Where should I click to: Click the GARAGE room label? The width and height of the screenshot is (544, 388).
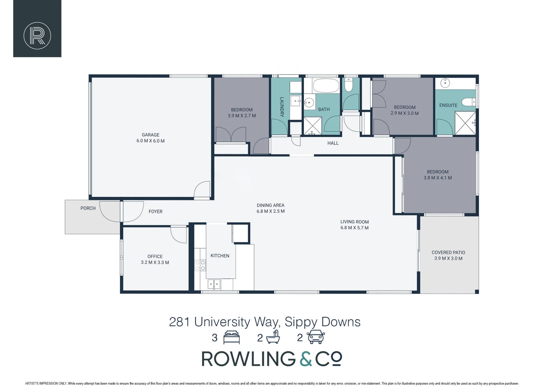click(x=150, y=135)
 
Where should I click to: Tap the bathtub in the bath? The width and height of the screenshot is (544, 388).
click(x=326, y=86)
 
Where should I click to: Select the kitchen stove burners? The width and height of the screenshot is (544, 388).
click(x=200, y=265)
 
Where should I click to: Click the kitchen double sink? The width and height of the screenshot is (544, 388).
click(x=214, y=284)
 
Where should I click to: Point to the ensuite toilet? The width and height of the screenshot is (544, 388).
click(x=469, y=102)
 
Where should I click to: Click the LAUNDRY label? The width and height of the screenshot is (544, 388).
click(x=282, y=107)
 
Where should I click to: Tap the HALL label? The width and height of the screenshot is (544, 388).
click(x=333, y=143)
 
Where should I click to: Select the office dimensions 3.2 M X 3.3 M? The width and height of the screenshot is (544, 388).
click(x=155, y=263)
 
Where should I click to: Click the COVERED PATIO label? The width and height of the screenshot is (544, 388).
click(x=448, y=253)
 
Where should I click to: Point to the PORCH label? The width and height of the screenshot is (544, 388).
click(x=88, y=208)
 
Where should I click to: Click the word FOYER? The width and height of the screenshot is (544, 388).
click(x=155, y=212)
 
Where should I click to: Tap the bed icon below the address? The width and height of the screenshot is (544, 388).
click(x=231, y=337)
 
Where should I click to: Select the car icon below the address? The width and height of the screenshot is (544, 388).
click(x=316, y=337)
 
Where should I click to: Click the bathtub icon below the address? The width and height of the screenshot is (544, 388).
click(x=273, y=337)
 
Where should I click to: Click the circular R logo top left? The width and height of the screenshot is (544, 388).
click(x=37, y=36)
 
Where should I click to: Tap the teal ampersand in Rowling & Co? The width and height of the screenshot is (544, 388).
click(x=306, y=359)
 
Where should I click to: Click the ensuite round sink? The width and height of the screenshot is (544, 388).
click(x=445, y=83)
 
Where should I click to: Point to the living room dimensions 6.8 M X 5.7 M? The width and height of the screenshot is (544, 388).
click(x=354, y=228)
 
